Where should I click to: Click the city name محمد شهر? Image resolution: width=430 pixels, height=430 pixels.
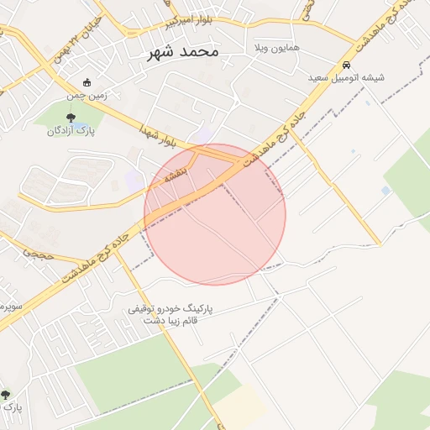coord(182,52)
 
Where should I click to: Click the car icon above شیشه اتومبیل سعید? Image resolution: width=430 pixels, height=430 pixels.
coord(346,65)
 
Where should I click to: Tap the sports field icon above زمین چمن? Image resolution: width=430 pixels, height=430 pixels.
coord(87,82)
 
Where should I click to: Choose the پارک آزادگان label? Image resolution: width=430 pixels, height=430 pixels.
coord(71,130)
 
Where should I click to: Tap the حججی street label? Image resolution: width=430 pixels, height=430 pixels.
coord(37,250)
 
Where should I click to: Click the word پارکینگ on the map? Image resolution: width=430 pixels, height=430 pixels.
coord(194,308)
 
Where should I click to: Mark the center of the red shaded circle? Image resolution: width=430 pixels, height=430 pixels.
coord(215,214)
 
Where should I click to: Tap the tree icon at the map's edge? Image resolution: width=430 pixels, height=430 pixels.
coord(6,394)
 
